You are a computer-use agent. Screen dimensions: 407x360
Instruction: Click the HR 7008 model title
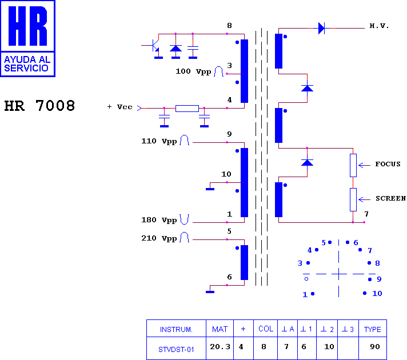coord(39,106)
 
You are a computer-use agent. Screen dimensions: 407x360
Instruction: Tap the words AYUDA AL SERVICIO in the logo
coord(27,64)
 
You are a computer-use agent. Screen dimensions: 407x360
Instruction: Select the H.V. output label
coord(379,26)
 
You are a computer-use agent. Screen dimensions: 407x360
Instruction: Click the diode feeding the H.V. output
coord(322,28)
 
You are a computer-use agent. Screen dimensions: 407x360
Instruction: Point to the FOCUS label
coord(388,164)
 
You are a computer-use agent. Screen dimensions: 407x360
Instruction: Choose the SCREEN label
coord(390,198)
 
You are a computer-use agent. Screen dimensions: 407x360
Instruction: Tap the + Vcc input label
coord(119,107)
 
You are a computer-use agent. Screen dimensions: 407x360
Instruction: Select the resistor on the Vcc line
coord(187,108)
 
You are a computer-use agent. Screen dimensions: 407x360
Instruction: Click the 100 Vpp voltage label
coord(193,71)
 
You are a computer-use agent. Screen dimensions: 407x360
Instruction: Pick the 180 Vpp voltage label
coord(159,220)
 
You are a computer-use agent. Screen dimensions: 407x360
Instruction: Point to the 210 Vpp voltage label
coord(159,238)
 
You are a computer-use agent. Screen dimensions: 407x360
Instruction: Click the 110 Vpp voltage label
coord(159,141)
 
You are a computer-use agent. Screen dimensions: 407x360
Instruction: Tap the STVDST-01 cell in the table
coord(176,350)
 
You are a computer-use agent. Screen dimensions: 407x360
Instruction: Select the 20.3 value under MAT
coord(220,347)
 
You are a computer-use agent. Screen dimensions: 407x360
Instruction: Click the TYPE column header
coord(373,329)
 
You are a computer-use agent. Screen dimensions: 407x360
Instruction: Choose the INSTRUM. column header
coord(176,330)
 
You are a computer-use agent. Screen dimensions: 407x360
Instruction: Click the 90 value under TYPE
coord(375,347)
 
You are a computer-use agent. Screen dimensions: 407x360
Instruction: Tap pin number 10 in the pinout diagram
coord(377,294)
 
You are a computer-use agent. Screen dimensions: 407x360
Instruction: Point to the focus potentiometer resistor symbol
coord(353,165)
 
